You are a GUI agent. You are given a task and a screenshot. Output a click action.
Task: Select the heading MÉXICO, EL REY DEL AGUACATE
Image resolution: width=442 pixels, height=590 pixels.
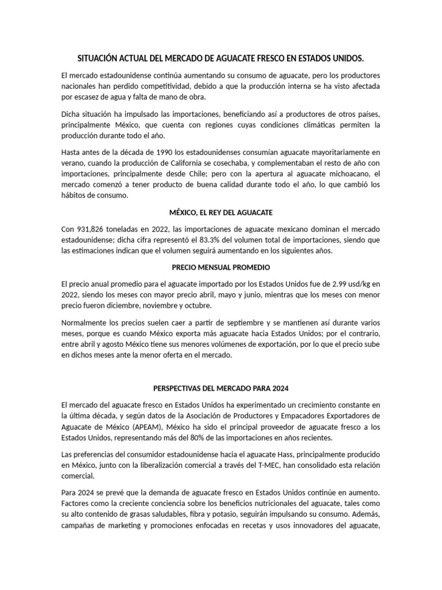[220, 213]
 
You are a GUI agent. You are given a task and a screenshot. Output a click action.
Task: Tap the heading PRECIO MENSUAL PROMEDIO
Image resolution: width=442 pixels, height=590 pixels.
[220, 267]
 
